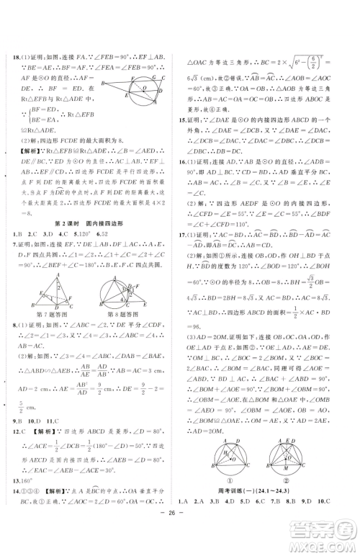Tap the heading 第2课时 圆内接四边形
(90, 224)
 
